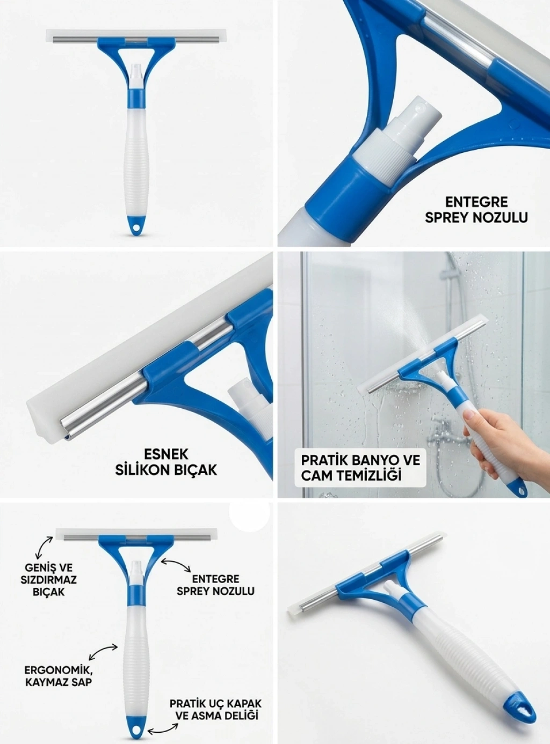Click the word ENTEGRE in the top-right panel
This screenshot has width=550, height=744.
(x=476, y=202)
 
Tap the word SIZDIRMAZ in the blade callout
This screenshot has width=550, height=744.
(x=48, y=580)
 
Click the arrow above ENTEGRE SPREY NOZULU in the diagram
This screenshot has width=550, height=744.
(x=176, y=564)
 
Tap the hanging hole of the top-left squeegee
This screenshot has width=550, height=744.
(x=136, y=228)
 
